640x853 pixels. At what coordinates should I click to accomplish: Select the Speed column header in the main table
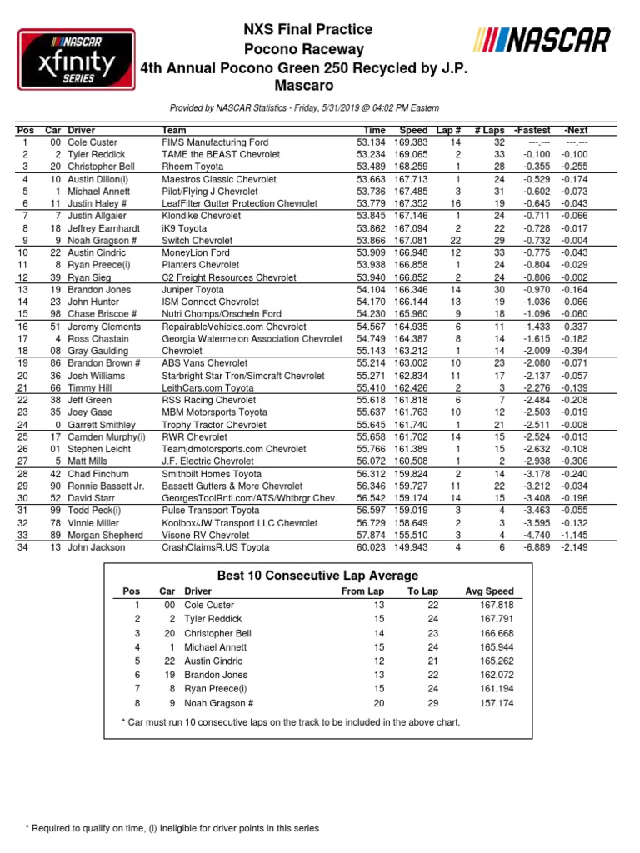point(413,131)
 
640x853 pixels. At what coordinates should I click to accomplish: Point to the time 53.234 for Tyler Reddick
point(371,155)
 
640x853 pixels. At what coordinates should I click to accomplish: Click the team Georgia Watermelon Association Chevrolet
point(252,340)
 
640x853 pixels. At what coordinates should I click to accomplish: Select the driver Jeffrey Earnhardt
point(109,227)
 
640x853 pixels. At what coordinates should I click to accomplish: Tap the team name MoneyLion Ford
point(197,252)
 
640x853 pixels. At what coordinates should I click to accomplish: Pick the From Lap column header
point(364,591)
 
